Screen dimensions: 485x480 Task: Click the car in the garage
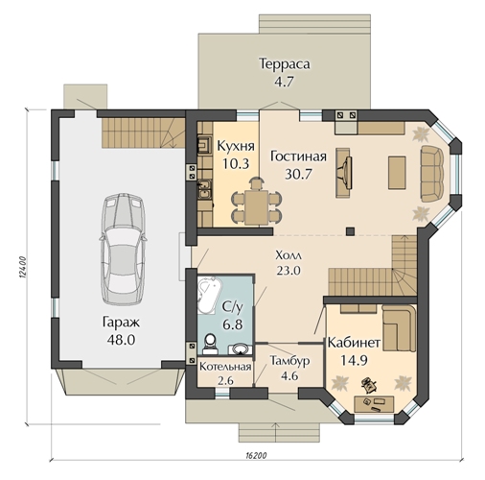pyautogui.click(x=123, y=249)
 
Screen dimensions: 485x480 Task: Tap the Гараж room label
pyautogui.click(x=121, y=322)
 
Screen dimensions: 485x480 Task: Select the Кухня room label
pyautogui.click(x=236, y=146)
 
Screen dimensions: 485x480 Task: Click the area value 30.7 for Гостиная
pyautogui.click(x=298, y=174)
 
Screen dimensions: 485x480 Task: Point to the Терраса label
pyautogui.click(x=285, y=63)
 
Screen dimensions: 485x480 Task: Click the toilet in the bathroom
pyautogui.click(x=210, y=344)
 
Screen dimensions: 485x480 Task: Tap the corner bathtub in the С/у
pyautogui.click(x=209, y=296)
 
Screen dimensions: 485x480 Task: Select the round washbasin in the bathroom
pyautogui.click(x=241, y=348)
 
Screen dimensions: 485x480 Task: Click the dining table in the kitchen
pyautogui.click(x=256, y=206)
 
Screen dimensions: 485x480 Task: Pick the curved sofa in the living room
pyautogui.click(x=432, y=174)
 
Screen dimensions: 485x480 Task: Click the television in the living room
pyautogui.click(x=346, y=173)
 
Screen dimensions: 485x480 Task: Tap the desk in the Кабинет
pyautogui.click(x=374, y=404)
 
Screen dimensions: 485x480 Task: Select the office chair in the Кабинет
pyautogui.click(x=369, y=384)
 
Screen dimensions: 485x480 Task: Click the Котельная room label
pyautogui.click(x=225, y=367)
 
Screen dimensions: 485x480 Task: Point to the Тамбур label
pyautogui.click(x=289, y=361)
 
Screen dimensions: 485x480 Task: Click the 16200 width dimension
pyautogui.click(x=257, y=455)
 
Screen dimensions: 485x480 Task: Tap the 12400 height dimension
pyautogui.click(x=23, y=267)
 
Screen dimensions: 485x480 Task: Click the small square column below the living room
pyautogui.click(x=351, y=231)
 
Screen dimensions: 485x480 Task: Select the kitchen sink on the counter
pyautogui.click(x=204, y=189)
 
